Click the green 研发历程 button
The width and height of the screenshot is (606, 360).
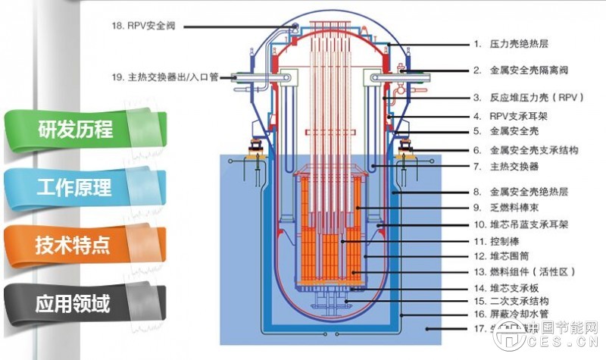[75, 130]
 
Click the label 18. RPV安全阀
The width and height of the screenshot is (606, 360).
[145, 26]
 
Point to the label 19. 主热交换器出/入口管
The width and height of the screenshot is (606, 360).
[164, 77]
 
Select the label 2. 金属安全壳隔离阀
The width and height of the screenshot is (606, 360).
[528, 70]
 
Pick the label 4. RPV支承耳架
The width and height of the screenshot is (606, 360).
[514, 117]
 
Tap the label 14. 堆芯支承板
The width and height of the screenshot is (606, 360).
[511, 288]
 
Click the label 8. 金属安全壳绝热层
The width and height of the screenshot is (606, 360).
[523, 193]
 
